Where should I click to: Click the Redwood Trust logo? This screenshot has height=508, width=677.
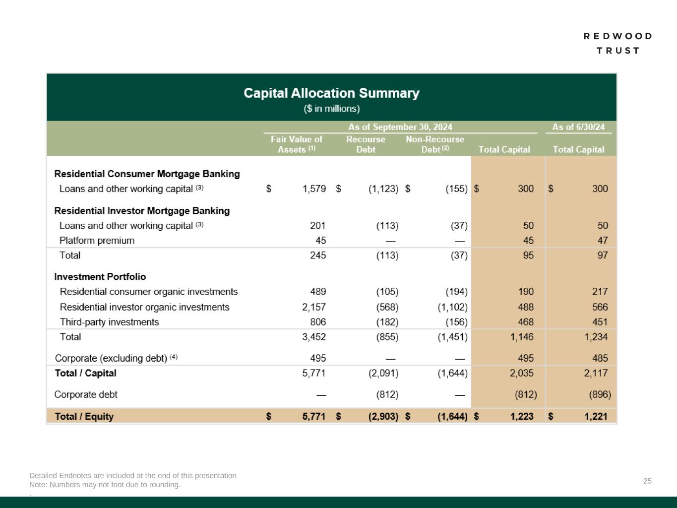point(617,43)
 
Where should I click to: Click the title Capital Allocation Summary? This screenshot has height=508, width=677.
point(331,93)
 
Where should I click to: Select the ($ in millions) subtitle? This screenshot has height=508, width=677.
point(331,109)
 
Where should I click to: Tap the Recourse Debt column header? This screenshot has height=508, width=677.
point(366,144)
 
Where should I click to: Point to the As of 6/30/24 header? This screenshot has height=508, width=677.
point(578,127)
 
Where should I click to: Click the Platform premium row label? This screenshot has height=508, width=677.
point(97,241)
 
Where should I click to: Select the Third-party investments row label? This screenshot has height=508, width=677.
point(109,322)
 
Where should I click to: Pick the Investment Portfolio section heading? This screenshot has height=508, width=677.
point(100,277)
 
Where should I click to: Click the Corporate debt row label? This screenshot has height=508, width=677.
point(86,394)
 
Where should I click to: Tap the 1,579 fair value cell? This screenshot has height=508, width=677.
point(314,189)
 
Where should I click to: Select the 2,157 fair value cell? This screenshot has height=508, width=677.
point(314,307)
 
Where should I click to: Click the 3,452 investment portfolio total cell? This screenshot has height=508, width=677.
point(314,337)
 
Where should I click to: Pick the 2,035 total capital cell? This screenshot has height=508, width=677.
point(522,373)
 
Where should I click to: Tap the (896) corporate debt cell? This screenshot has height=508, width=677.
point(600,395)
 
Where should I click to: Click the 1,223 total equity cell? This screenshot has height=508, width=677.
point(522,416)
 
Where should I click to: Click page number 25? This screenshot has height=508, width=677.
point(647,481)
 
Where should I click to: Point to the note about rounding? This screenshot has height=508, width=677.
point(105,485)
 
